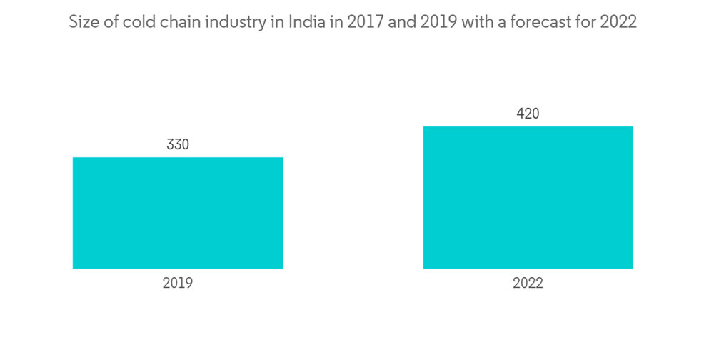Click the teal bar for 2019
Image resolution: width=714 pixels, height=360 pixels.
point(178,213)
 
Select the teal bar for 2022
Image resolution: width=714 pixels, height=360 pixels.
point(528,197)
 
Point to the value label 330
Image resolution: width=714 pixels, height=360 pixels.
point(178,144)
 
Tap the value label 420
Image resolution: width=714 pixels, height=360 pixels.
point(528,114)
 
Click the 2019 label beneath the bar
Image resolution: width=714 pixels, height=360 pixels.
point(178,283)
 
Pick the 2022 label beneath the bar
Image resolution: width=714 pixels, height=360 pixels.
point(528,283)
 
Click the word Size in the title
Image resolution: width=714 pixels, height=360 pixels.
point(82,22)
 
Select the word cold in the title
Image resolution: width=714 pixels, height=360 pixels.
point(136,22)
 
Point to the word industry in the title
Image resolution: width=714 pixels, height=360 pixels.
point(231,22)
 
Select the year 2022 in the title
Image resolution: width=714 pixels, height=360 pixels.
point(618,22)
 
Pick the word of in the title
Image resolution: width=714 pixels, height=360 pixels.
point(109,22)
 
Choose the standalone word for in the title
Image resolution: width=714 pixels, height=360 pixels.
point(586,22)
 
